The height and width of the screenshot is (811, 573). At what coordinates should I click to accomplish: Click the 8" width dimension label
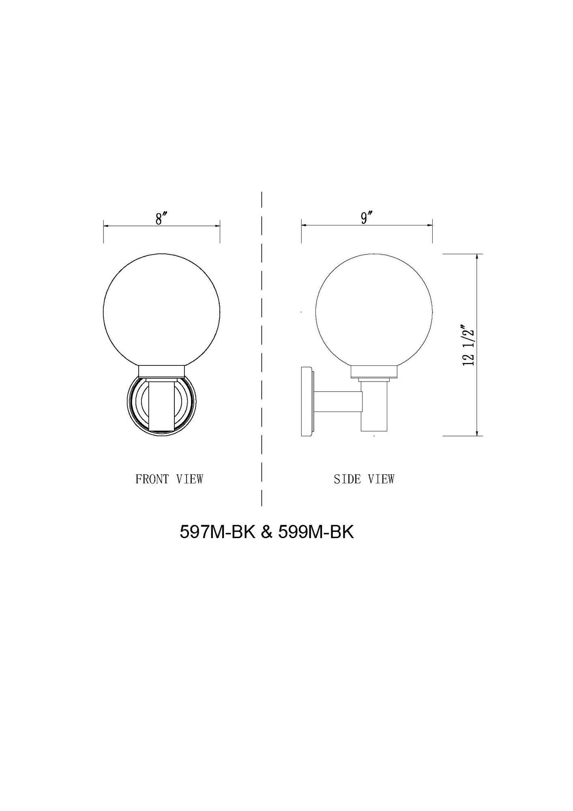pos(162,219)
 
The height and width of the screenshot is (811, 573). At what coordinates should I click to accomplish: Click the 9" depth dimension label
pos(367,218)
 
